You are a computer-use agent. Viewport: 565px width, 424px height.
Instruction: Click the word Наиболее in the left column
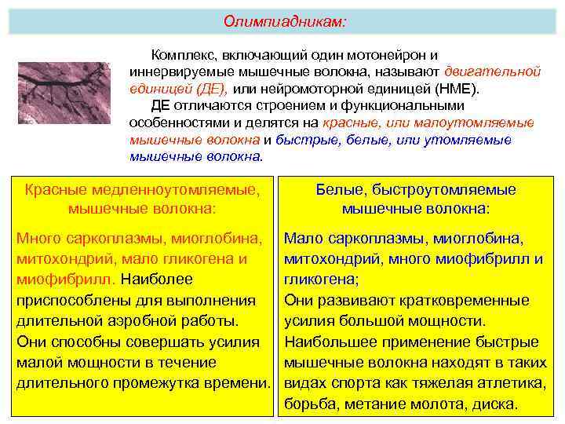157,279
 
